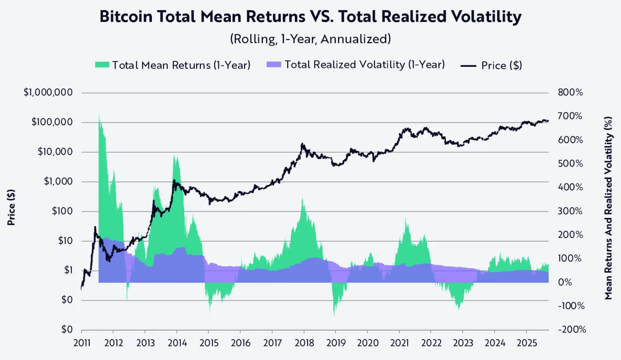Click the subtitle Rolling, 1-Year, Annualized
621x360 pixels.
[x=310, y=39]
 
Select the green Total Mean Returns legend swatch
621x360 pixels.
[x=102, y=65]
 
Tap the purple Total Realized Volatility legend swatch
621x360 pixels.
[x=274, y=65]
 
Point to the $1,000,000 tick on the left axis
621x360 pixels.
[x=48, y=93]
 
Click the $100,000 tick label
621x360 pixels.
[x=52, y=122]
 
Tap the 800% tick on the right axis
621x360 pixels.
[x=570, y=93]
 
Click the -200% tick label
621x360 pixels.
[x=572, y=329]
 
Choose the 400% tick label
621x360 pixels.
[x=571, y=187]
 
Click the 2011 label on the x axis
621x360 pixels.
[x=82, y=342]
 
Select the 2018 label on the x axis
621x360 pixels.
[x=304, y=342]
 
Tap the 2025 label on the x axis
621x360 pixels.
[x=526, y=342]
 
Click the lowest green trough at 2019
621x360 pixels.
[x=334, y=314]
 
